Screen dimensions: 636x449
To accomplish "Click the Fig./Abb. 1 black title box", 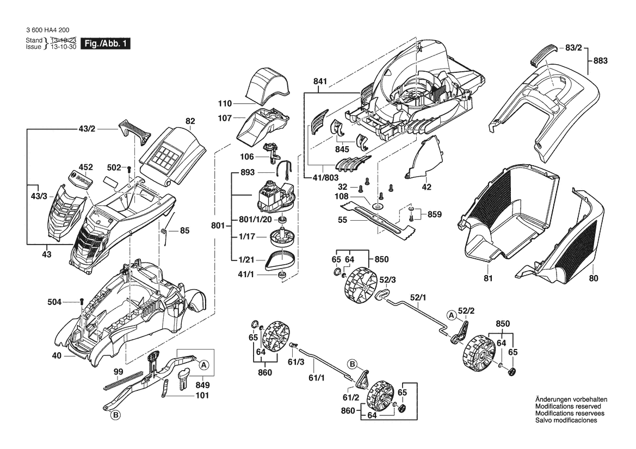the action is [x=106, y=43].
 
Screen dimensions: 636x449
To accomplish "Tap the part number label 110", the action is [x=225, y=103].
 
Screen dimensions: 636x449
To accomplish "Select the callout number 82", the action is [x=190, y=121].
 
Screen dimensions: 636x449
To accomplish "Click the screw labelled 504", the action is [x=82, y=302].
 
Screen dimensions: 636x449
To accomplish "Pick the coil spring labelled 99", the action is [x=124, y=380].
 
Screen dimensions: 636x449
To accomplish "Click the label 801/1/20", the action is [x=255, y=219].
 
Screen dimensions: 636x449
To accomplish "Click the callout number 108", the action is [x=342, y=196].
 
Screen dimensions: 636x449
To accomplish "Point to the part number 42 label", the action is [x=427, y=187].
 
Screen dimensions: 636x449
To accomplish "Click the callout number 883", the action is [x=600, y=60].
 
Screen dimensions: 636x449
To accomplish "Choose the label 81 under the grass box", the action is [x=488, y=278].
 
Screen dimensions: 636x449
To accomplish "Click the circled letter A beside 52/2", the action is [x=451, y=315].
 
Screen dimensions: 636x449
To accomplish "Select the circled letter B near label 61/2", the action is [x=353, y=364].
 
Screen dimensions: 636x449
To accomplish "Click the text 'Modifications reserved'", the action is [x=568, y=406].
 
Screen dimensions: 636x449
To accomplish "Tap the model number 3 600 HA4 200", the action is [x=47, y=30].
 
